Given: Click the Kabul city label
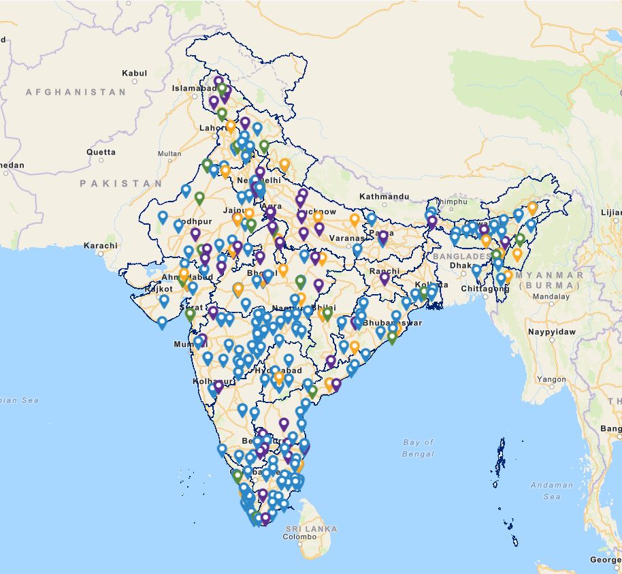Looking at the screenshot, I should [x=134, y=73].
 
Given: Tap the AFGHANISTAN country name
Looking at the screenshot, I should [x=76, y=92].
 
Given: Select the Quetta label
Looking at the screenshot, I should [x=101, y=152].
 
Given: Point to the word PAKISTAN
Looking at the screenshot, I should [x=121, y=184].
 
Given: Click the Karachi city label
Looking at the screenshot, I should [x=100, y=245].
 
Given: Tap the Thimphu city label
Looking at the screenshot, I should [x=452, y=202].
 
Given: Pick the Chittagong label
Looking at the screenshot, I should [x=485, y=289].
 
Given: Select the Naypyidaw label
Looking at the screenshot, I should [x=551, y=332].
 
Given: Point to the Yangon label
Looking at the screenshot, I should [x=551, y=379].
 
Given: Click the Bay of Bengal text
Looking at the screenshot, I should [x=418, y=448].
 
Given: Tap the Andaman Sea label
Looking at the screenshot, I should [x=552, y=490].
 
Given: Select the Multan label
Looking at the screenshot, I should [x=169, y=154].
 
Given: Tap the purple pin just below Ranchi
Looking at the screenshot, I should [x=384, y=278].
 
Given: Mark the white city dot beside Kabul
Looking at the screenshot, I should [x=135, y=81].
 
